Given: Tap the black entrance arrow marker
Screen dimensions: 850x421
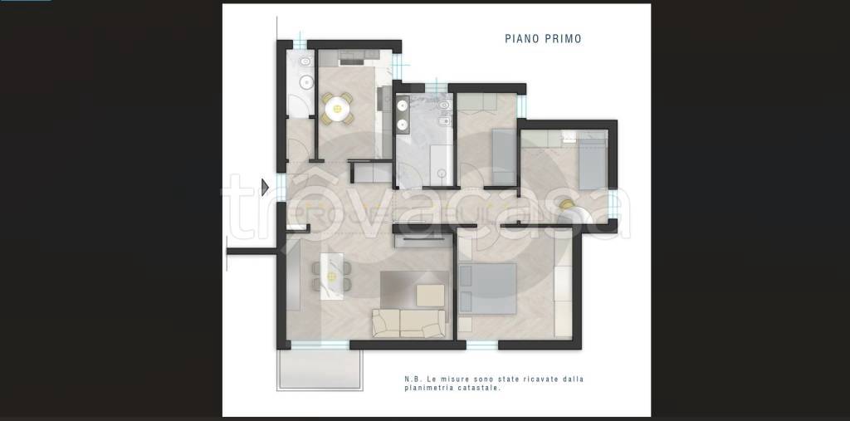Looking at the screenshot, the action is [265, 187].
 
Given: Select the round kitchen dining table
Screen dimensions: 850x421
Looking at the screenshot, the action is [337, 109].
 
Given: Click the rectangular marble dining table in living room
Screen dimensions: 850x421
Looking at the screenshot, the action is [332, 276].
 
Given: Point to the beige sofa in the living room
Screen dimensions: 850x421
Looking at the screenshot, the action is [408, 323].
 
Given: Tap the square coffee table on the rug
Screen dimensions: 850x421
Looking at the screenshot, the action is [431, 295].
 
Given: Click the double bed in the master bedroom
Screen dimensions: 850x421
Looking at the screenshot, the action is [487, 289].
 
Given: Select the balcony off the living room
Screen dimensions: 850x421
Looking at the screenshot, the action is [319, 369].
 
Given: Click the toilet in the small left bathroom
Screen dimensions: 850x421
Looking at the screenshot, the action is [305, 61].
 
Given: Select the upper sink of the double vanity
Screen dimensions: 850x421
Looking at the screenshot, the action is [403, 106].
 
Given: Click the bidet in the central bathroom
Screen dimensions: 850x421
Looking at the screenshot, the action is [444, 120].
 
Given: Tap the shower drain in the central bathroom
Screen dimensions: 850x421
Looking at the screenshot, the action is [442, 174].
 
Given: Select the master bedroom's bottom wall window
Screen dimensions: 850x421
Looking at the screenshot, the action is [482, 345].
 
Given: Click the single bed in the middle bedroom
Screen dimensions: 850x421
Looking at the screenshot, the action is [504, 157].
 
